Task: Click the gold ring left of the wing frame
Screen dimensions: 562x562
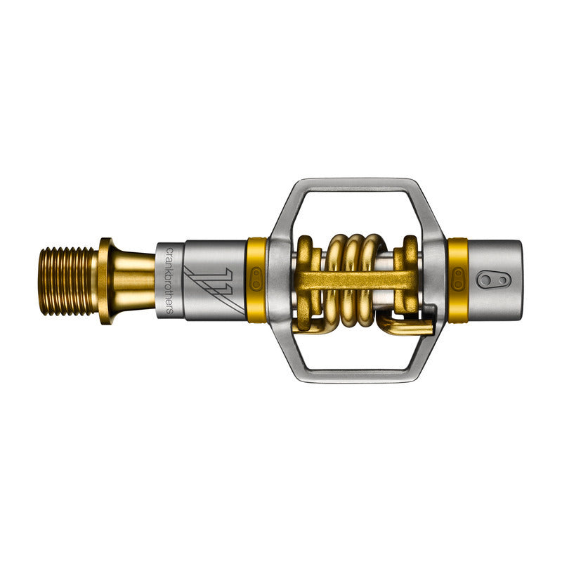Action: [x=256, y=280]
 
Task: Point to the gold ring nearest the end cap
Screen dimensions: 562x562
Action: [x=458, y=280]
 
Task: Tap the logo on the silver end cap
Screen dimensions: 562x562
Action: [x=491, y=280]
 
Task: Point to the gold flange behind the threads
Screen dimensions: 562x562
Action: [x=105, y=280]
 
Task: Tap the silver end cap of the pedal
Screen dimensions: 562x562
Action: [x=495, y=280]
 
